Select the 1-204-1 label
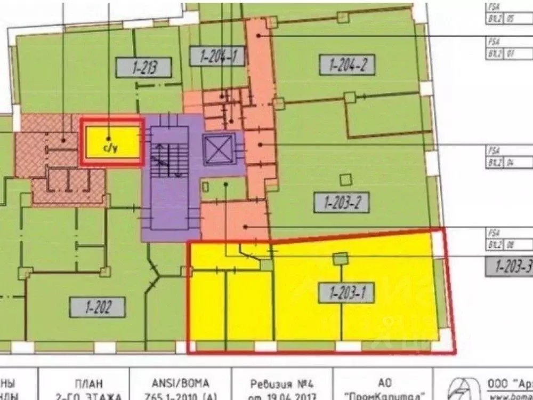point(215,56)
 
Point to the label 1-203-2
point(346,202)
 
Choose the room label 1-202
point(98,307)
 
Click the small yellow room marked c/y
point(111,142)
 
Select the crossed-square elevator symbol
point(219,149)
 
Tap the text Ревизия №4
point(279,383)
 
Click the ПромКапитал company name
point(387,396)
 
